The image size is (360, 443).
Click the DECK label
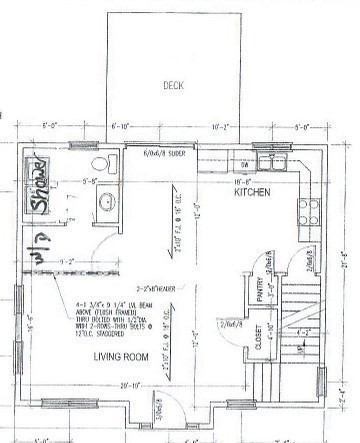point(174,85)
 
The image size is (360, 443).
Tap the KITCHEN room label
point(254,194)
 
